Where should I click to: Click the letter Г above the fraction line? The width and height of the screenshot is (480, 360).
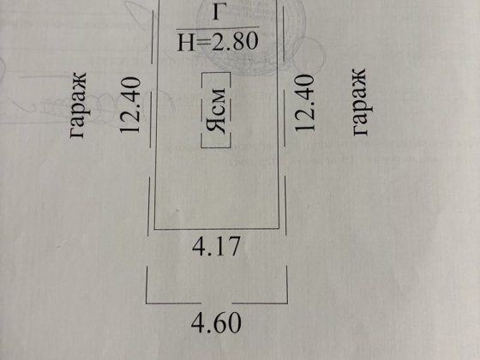[217, 13]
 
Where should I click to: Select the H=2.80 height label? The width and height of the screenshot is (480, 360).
[218, 42]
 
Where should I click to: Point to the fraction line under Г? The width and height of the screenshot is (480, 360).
[218, 28]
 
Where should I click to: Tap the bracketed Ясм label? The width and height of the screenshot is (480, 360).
[216, 111]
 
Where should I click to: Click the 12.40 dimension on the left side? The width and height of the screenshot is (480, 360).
[130, 105]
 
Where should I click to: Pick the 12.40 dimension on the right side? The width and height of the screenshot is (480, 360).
[304, 103]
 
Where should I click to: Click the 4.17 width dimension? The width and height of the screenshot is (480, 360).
[216, 246]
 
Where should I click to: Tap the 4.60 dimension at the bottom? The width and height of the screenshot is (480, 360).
[216, 322]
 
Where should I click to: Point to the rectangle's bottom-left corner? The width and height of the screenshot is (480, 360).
[154, 229]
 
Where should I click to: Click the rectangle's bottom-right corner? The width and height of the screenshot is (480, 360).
[279, 228]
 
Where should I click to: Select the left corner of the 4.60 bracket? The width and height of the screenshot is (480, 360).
[147, 303]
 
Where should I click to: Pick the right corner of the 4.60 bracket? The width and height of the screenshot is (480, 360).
[287, 303]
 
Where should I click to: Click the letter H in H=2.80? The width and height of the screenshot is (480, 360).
[186, 42]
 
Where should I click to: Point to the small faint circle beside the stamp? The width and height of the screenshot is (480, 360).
[309, 55]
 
